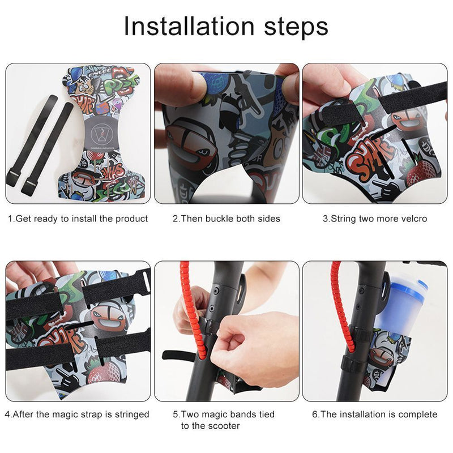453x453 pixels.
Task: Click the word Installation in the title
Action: [189, 25]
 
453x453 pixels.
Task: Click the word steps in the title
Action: [296, 27]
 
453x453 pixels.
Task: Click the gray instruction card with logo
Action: [100, 134]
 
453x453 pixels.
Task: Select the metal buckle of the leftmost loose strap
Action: [13, 173]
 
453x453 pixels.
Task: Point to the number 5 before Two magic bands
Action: [175, 415]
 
